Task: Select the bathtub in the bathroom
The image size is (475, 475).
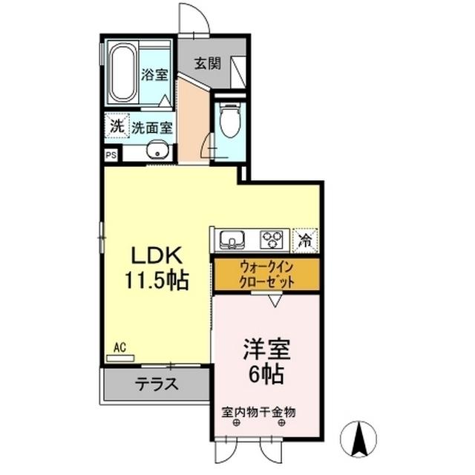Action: [122, 73]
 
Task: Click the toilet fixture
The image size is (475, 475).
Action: [230, 121]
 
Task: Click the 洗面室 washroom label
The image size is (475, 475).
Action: [152, 127]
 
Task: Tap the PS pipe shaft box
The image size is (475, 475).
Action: [111, 156]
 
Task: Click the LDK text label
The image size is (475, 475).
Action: [157, 256]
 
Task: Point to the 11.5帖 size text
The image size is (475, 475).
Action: [157, 281]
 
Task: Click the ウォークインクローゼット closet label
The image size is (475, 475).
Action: [266, 275]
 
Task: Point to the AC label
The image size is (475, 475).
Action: [120, 347]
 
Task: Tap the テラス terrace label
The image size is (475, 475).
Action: [157, 385]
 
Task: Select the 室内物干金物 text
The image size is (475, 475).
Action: [259, 410]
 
